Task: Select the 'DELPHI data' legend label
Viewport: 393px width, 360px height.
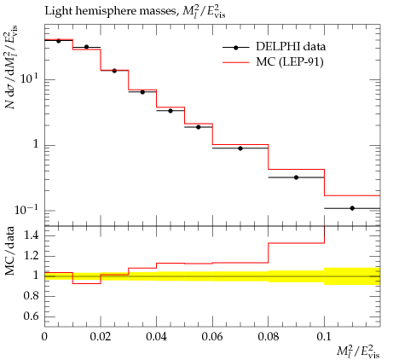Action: pyautogui.click(x=291, y=47)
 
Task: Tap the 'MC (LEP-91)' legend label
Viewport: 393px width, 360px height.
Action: pyautogui.click(x=290, y=62)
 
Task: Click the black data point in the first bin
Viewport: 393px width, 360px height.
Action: pyautogui.click(x=59, y=41)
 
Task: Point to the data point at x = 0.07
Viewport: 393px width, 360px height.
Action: pyautogui.click(x=240, y=148)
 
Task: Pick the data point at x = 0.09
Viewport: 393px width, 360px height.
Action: pyautogui.click(x=296, y=177)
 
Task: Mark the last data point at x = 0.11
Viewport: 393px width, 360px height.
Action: pyautogui.click(x=352, y=208)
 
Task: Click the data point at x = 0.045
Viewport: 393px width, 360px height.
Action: pyautogui.click(x=170, y=111)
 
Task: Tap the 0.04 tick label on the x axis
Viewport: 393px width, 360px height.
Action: pyautogui.click(x=156, y=337)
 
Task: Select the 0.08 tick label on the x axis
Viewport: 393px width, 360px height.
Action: pyautogui.click(x=268, y=337)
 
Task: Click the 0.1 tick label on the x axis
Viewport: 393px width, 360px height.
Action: pyautogui.click(x=324, y=337)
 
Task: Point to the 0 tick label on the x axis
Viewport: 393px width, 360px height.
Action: pyautogui.click(x=44, y=337)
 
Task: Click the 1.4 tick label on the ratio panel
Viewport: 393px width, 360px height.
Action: pyautogui.click(x=32, y=235)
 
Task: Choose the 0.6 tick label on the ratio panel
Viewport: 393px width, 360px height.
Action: pyautogui.click(x=32, y=316)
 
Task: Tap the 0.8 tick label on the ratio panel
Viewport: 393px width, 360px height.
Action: pyautogui.click(x=32, y=296)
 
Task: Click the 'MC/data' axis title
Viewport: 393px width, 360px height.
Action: pyautogui.click(x=10, y=251)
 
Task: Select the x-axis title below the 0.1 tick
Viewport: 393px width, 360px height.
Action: pyautogui.click(x=358, y=351)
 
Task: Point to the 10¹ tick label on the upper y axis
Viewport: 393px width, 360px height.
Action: pyautogui.click(x=29, y=78)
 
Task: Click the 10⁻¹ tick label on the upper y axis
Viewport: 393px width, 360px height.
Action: pyautogui.click(x=26, y=210)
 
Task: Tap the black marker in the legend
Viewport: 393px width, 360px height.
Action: pyautogui.click(x=235, y=48)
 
